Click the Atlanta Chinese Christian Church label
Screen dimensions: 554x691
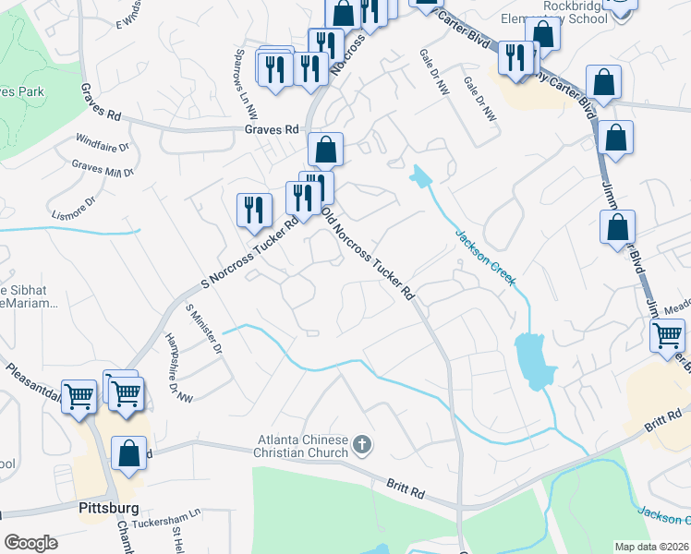coord(304,445)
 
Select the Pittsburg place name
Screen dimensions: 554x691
coord(108,508)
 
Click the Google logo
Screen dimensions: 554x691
coord(30,543)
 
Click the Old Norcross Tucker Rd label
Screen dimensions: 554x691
coord(368,252)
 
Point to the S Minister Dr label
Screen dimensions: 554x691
coord(205,330)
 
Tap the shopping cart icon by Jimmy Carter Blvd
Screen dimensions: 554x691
coord(668,337)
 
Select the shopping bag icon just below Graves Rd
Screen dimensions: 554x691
coord(326,150)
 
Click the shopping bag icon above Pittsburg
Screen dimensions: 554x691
coord(128,454)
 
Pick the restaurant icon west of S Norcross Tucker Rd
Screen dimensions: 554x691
coord(254,210)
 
